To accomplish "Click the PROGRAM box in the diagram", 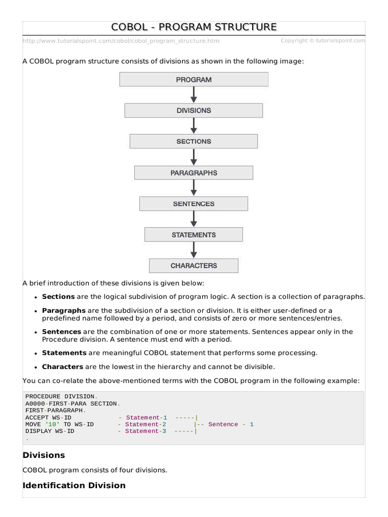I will point(193,79).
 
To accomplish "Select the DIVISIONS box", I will point(193,111).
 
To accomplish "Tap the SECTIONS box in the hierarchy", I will point(193,141).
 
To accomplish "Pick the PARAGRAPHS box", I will point(193,173).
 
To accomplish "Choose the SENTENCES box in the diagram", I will point(193,203).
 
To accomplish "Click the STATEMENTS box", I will point(193,235).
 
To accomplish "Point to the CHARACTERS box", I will point(193,266).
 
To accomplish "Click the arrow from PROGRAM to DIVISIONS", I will point(193,95).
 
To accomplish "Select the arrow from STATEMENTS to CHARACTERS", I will point(193,250).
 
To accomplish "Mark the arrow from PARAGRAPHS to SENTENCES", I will point(193,188).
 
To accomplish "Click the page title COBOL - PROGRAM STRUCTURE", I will point(194,27).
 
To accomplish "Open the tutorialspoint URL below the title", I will point(121,41).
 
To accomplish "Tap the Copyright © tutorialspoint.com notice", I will point(322,40).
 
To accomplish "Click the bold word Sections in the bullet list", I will point(58,297).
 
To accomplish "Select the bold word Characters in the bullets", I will point(63,367).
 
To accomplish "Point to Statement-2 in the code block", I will point(145,425).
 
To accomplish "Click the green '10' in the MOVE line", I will point(52,425).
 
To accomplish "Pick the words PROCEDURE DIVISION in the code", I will point(60,397).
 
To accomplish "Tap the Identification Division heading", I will point(74,485).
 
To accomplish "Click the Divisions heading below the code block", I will point(44,455).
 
